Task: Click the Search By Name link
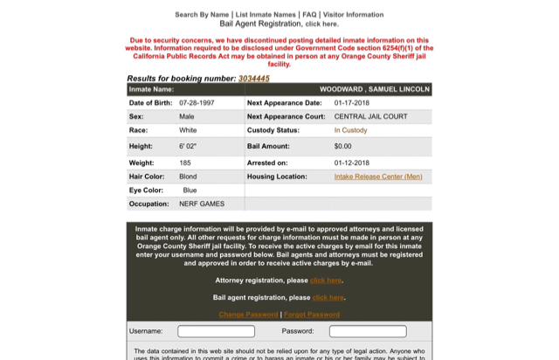202,15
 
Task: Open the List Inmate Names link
266,15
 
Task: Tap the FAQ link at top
309,15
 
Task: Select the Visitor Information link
352,15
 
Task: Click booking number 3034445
253,79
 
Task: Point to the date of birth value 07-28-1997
196,103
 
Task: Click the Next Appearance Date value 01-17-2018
353,103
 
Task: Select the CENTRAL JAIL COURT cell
370,116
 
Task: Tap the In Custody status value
350,130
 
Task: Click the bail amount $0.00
342,147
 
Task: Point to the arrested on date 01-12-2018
351,163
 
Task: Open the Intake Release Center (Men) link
377,177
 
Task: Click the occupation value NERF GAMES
202,204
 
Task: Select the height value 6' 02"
188,147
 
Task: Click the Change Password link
248,315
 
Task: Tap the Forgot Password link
312,315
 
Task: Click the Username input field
216,331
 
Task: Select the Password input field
368,331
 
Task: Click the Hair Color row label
147,177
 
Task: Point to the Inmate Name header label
151,89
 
